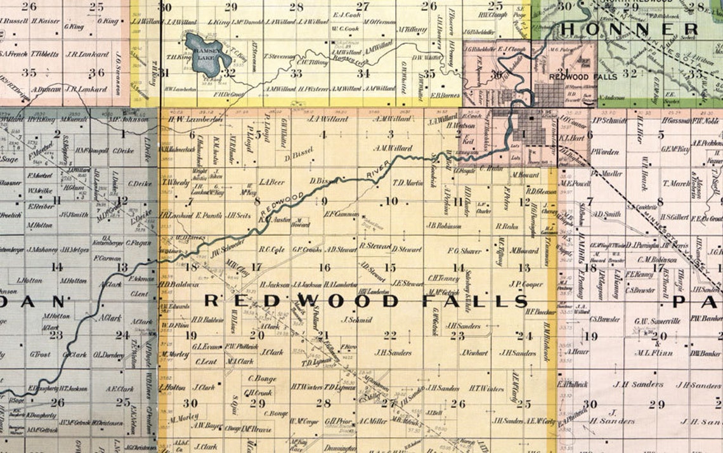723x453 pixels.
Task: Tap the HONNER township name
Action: coord(628,29)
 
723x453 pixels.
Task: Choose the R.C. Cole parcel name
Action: coord(271,249)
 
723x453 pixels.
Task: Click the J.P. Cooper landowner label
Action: coord(526,284)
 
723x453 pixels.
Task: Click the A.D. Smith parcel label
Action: coord(607,214)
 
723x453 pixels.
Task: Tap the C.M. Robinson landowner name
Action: coord(657,259)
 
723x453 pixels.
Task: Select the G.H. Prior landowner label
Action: coord(337,421)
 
